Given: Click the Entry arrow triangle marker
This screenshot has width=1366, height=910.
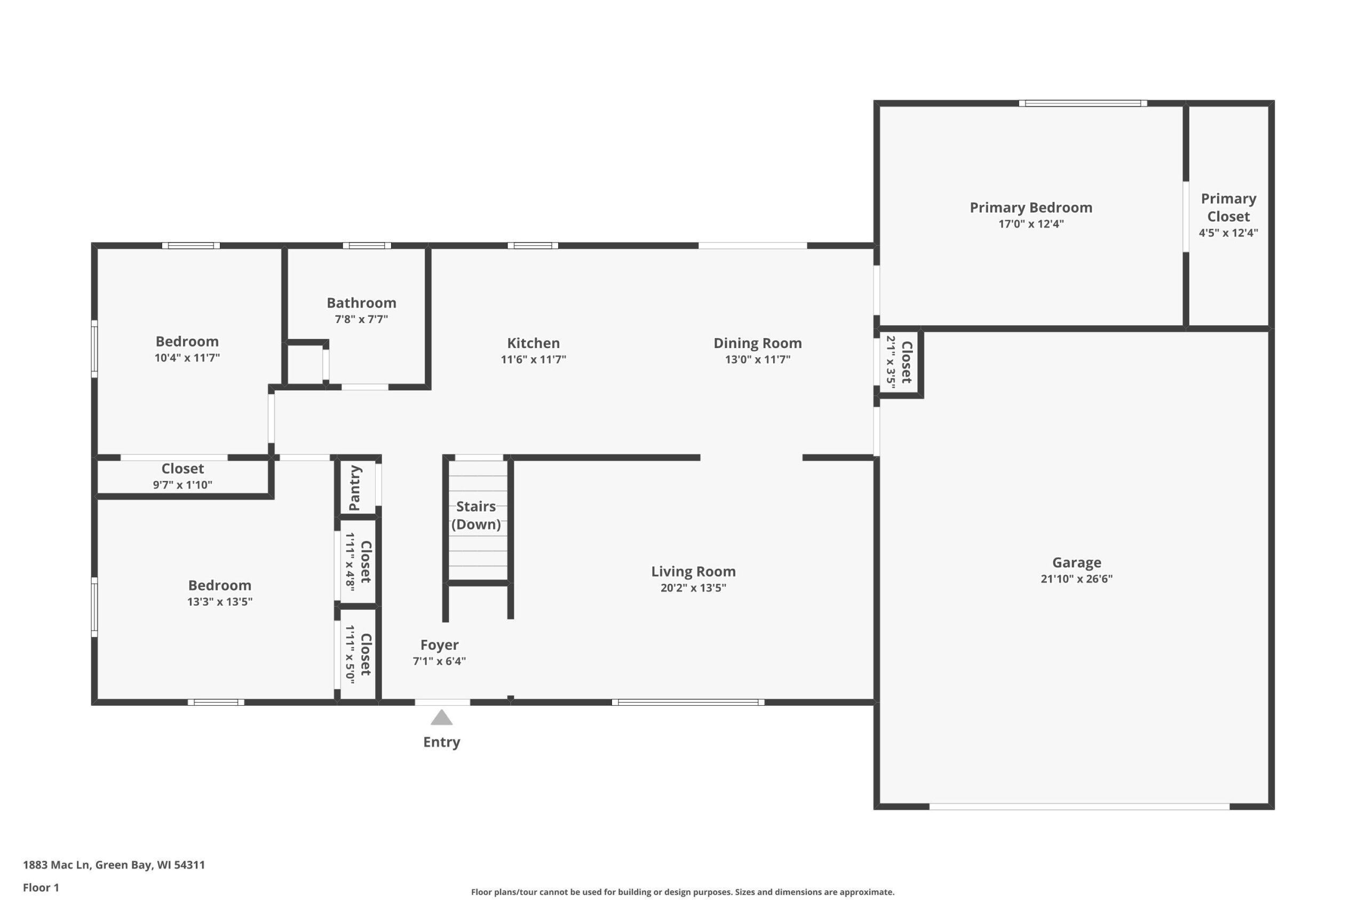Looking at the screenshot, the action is [441, 718].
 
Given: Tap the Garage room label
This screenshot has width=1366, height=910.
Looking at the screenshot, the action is [1077, 562].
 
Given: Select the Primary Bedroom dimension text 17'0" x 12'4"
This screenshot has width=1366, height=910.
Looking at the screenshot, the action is [1031, 224].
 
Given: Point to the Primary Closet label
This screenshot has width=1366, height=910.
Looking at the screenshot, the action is [1228, 207].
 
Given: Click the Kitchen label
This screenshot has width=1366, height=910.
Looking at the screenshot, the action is [533, 343].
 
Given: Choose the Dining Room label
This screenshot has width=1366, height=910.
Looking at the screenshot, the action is [757, 343].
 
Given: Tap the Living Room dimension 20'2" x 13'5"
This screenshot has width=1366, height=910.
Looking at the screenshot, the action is [694, 587].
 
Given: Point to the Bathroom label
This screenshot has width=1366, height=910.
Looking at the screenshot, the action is [361, 302].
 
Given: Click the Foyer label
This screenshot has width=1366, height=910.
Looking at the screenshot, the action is [439, 645].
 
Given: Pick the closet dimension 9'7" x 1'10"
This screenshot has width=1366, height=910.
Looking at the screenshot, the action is [182, 485].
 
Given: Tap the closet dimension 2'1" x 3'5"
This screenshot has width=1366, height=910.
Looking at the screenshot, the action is [891, 362].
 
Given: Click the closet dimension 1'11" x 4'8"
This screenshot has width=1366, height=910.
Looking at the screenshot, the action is [350, 562].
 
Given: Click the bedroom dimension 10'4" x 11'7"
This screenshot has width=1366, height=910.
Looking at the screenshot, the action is [187, 358].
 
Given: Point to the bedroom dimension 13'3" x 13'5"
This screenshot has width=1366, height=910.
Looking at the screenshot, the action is [219, 601].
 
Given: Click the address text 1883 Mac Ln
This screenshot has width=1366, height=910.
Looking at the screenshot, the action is [57, 865].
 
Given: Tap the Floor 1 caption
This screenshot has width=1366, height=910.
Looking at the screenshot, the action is [41, 888].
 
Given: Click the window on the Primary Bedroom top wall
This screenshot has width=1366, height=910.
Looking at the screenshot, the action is [1083, 103].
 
